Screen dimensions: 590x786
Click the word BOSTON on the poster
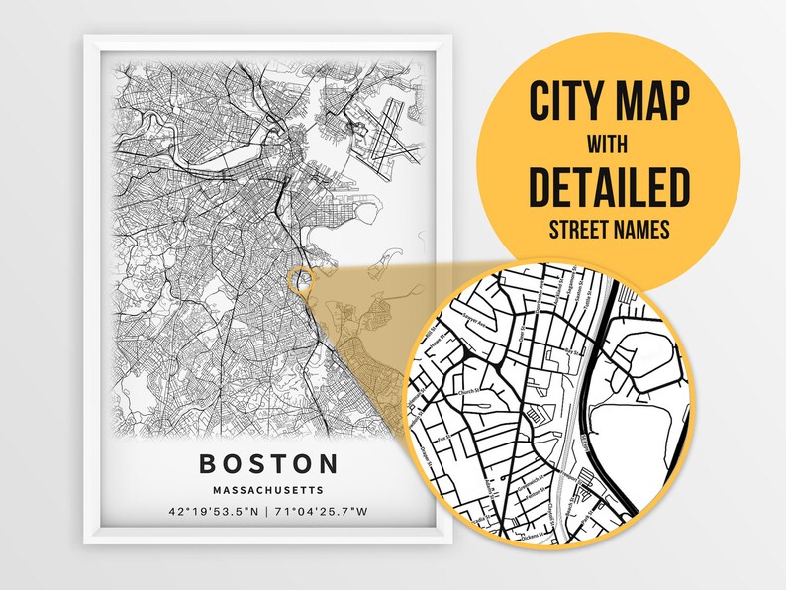(268, 463)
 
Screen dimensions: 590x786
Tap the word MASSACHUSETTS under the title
(268, 489)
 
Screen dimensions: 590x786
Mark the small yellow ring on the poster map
(298, 281)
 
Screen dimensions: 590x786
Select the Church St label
(469, 392)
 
